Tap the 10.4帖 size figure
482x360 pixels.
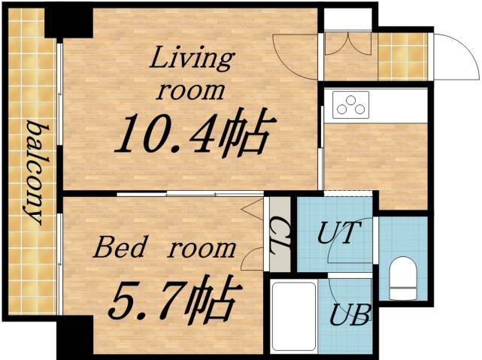coord(192,135)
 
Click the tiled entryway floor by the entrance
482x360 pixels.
coord(402,55)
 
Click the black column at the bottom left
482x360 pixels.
coord(74,336)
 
